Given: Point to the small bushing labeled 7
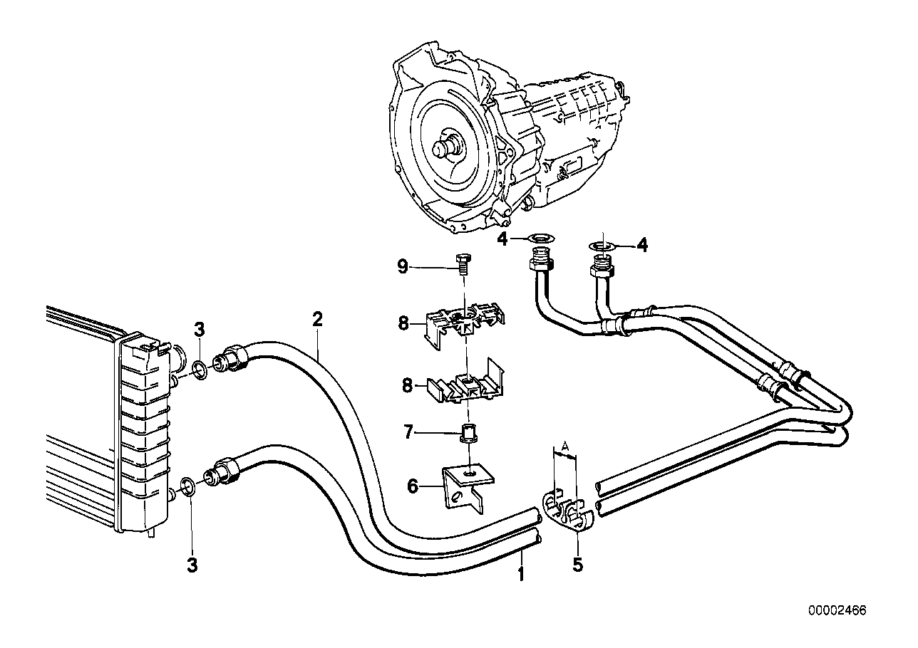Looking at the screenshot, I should coord(468,433).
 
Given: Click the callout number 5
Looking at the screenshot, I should coord(577,564).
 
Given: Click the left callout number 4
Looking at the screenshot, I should coord(502,240).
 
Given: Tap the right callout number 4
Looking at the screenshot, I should coord(642,246).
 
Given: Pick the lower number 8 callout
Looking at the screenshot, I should coord(407,385).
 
